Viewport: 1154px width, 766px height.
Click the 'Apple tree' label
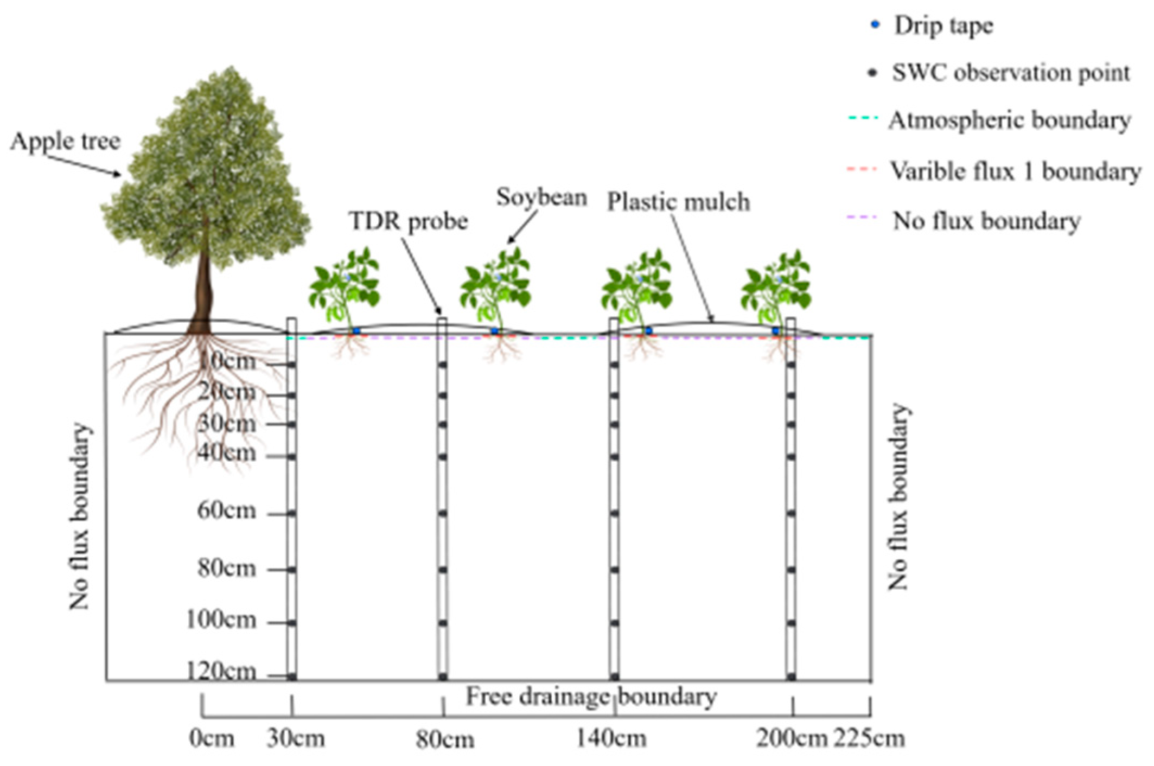click(x=65, y=142)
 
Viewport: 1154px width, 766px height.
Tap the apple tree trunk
click(x=203, y=288)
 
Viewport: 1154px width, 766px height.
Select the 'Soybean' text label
click(x=541, y=198)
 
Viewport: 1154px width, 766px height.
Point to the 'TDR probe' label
click(x=409, y=221)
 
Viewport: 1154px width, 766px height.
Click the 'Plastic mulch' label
click(x=678, y=202)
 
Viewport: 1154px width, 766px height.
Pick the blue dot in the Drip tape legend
click(x=875, y=25)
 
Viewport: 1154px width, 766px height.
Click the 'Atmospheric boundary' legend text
click(x=1010, y=120)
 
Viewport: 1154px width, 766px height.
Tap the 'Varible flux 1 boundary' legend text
click(x=1015, y=171)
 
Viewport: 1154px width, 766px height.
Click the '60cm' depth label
click(x=226, y=510)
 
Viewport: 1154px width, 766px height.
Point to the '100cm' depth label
click(x=221, y=620)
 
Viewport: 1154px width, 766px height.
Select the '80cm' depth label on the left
click(x=226, y=569)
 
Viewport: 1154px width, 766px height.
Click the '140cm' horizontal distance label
click(x=611, y=738)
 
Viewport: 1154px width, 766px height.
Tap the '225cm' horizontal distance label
click(x=869, y=738)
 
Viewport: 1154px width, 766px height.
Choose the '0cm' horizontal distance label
click(x=212, y=738)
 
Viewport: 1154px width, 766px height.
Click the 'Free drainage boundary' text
click(x=591, y=697)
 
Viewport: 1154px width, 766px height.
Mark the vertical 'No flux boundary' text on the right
click(x=897, y=496)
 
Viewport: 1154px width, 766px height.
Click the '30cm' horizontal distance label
click(x=296, y=738)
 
